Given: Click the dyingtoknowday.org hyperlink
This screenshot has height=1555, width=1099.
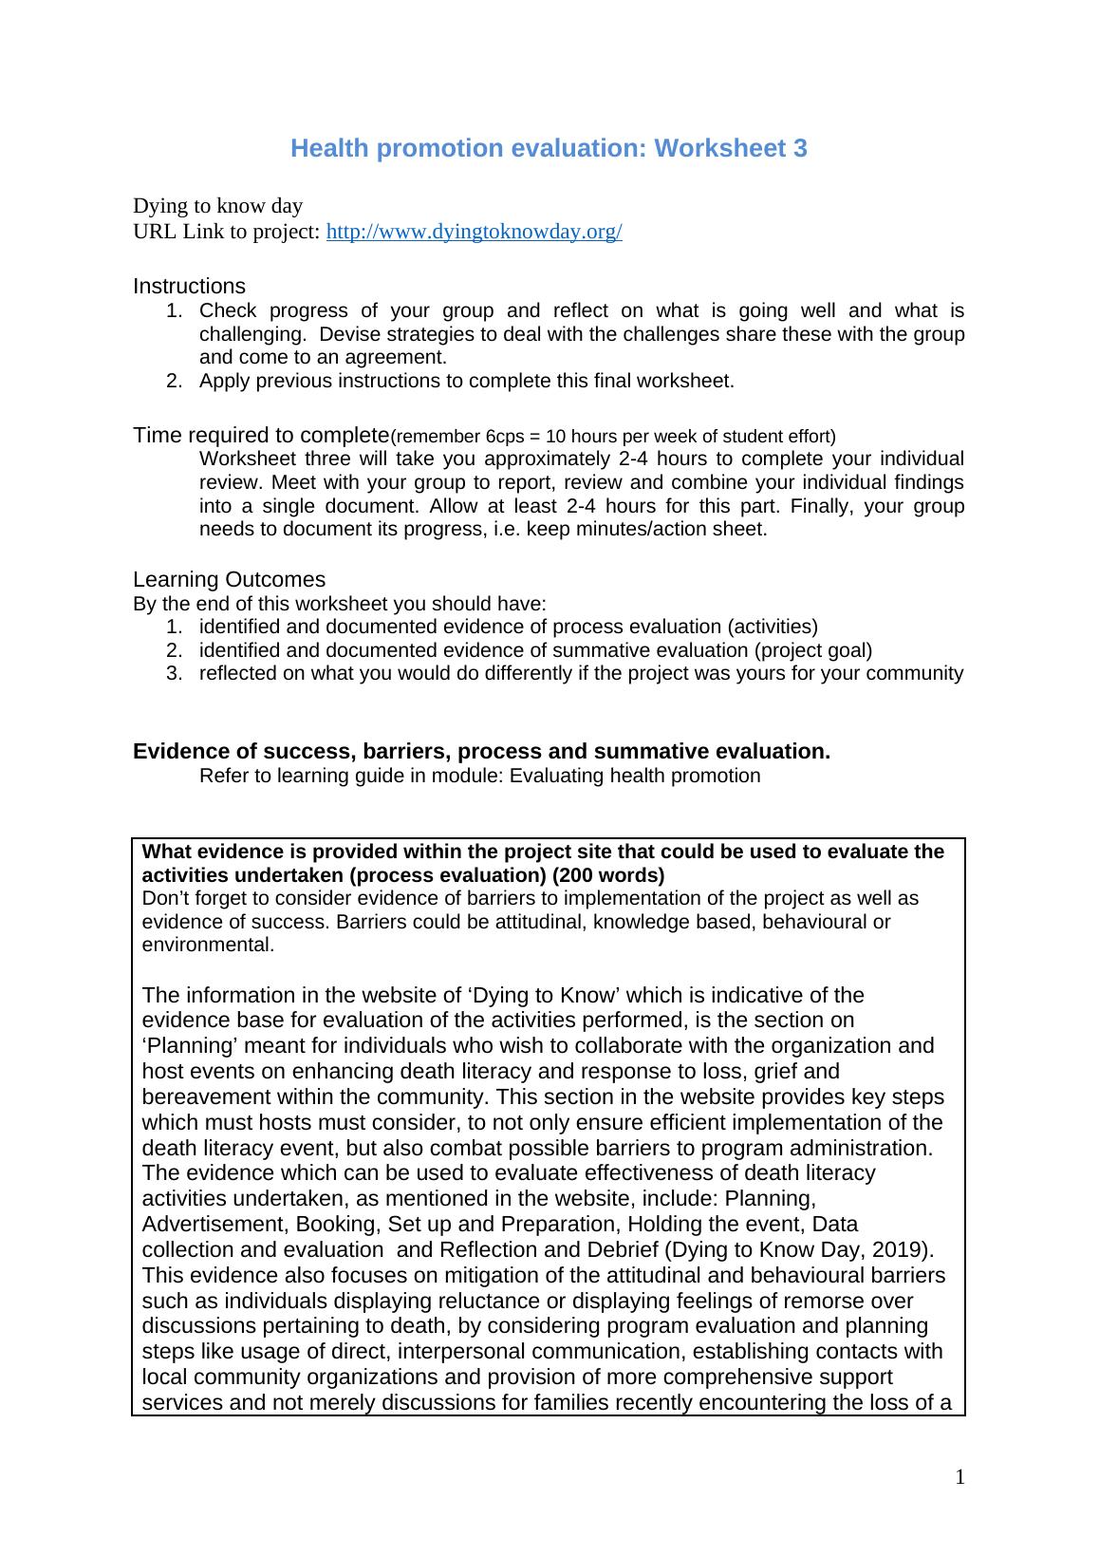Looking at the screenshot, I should pos(474,233).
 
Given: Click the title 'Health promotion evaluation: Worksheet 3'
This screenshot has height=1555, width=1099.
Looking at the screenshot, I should pos(549,148).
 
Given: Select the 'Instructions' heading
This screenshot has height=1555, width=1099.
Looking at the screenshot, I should pos(189,287).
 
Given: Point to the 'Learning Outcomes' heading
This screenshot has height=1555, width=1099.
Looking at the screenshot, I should pos(229,580).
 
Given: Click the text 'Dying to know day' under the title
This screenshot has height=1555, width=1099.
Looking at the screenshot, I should pos(217,206).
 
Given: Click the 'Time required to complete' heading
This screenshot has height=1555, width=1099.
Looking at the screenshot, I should pos(261,436).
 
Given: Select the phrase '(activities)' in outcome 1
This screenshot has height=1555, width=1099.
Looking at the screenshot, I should pos(772,628).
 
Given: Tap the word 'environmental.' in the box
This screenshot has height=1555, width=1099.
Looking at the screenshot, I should pos(208,946).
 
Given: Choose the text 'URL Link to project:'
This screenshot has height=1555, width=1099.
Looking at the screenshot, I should pos(227,233).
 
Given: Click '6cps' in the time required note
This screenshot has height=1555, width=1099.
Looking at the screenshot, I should pos(504,437).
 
